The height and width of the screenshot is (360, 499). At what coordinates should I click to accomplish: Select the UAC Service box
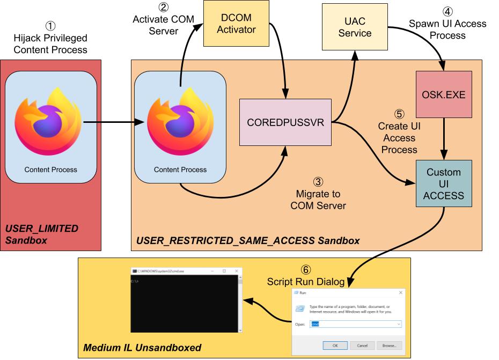click(x=355, y=27)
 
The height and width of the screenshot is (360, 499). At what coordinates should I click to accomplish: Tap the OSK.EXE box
click(x=444, y=94)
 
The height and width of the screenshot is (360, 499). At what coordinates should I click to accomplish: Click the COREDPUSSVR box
click(x=285, y=122)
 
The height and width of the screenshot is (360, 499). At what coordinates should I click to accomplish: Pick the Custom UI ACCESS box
click(x=444, y=184)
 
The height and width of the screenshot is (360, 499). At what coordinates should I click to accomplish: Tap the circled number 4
click(x=447, y=11)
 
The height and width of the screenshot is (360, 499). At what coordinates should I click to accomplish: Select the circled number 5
click(x=399, y=114)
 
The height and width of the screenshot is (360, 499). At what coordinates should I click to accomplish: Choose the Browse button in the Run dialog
click(x=389, y=345)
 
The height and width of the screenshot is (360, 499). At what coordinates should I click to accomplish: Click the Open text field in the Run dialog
click(x=355, y=325)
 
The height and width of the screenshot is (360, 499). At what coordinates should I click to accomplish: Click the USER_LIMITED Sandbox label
click(x=42, y=234)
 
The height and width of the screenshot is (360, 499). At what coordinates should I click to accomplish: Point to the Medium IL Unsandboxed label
click(x=142, y=348)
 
